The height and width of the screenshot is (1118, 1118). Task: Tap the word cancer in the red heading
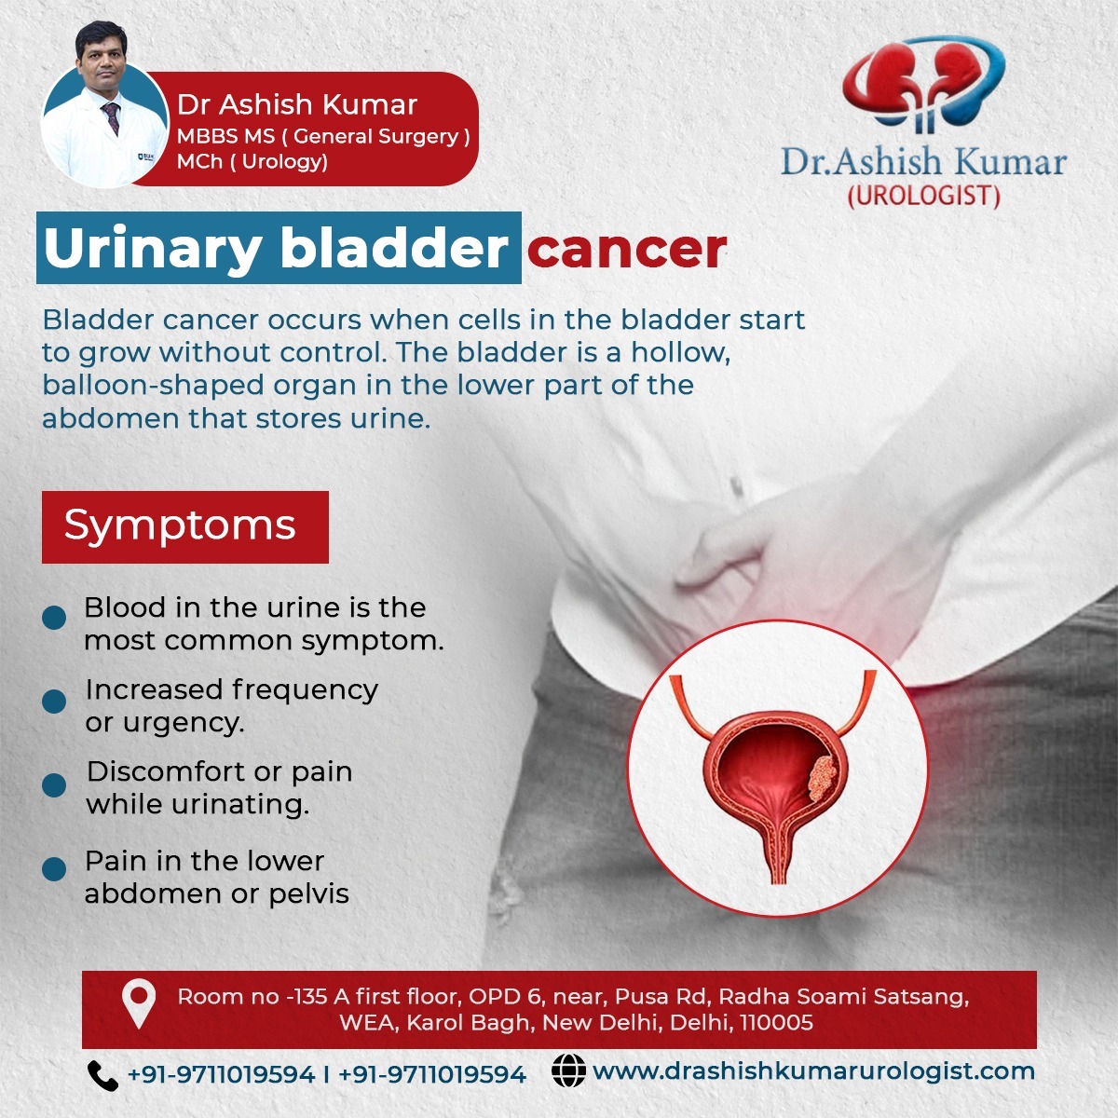click(627, 250)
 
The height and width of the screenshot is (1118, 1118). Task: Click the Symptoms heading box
click(185, 526)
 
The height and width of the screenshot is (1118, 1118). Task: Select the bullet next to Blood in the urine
click(54, 618)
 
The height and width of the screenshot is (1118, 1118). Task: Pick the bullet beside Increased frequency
click(54, 701)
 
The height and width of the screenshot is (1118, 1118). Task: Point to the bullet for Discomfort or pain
click(54, 785)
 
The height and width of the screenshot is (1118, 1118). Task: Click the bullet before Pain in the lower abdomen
click(54, 869)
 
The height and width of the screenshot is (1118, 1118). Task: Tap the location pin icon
click(139, 1003)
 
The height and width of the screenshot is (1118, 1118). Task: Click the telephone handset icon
click(102, 1075)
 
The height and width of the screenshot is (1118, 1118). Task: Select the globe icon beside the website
click(568, 1070)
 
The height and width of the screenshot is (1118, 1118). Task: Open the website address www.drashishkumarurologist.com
click(814, 1071)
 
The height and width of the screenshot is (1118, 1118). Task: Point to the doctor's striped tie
click(111, 117)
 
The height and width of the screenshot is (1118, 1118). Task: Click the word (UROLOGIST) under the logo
click(924, 196)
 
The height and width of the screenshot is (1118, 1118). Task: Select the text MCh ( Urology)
click(252, 162)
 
